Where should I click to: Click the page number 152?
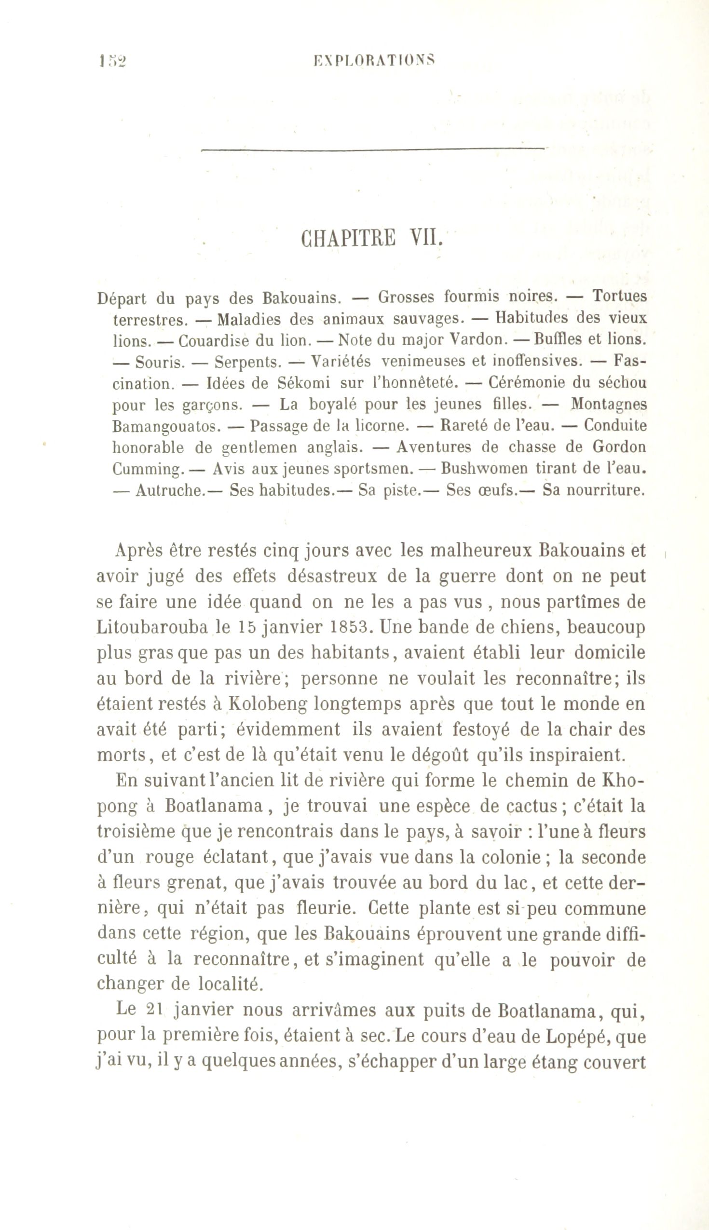(112, 61)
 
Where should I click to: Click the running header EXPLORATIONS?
(373, 60)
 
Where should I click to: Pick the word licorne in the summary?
(381, 426)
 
